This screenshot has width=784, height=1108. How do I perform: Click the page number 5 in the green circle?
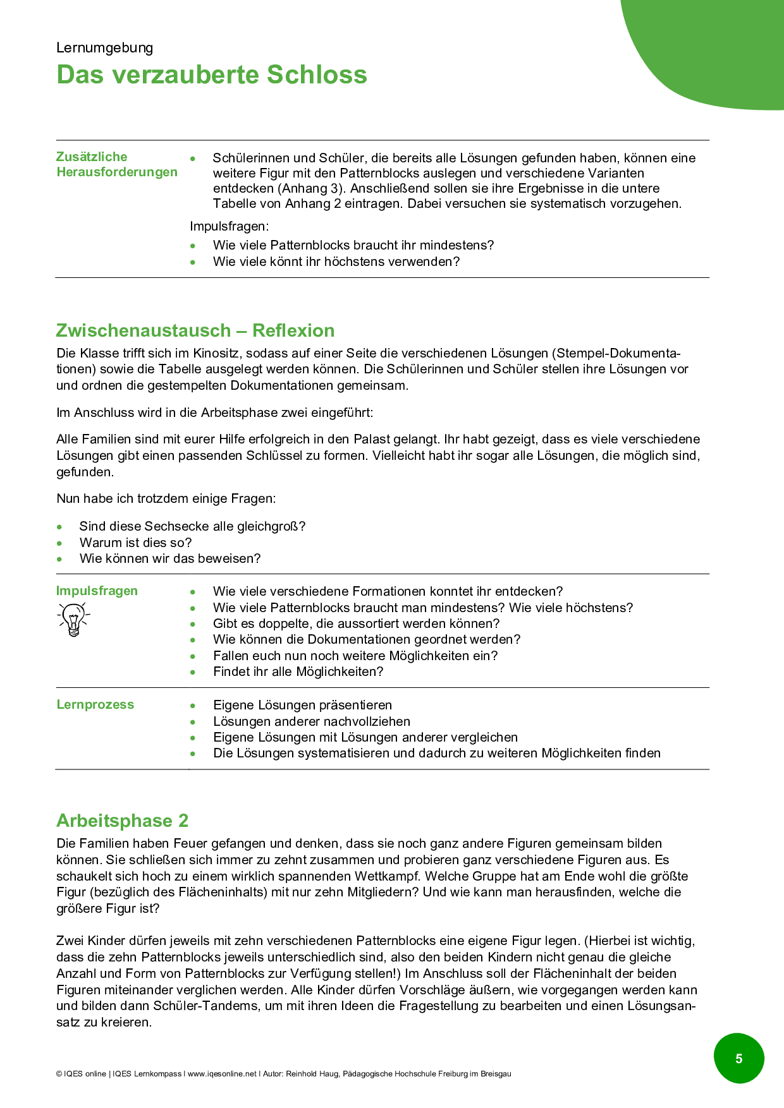pos(738,1058)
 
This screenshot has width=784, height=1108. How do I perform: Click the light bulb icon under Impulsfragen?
pos(74,619)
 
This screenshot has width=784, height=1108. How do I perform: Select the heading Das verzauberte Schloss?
pos(212,75)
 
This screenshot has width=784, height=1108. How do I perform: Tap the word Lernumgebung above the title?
pos(104,48)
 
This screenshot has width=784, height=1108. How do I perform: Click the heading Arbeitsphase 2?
pos(122,821)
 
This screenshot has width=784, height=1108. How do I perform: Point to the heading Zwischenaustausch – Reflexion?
pos(195,330)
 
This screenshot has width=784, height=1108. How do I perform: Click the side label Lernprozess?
pos(95,704)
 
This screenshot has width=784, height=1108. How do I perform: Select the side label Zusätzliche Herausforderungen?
pos(117,164)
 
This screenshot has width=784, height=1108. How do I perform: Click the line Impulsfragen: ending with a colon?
pos(229,226)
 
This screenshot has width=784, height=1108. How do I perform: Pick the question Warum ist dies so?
pos(135,543)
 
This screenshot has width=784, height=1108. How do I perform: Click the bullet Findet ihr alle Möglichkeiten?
pos(298,671)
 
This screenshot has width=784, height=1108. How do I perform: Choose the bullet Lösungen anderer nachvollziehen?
pos(312,721)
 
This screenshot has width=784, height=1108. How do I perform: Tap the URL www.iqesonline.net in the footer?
pos(222,1073)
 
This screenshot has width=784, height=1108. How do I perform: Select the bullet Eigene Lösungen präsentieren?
pos(302,705)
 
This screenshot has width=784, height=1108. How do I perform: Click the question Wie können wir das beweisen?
pos(169,558)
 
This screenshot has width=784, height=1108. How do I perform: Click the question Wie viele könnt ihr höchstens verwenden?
pos(336,262)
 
